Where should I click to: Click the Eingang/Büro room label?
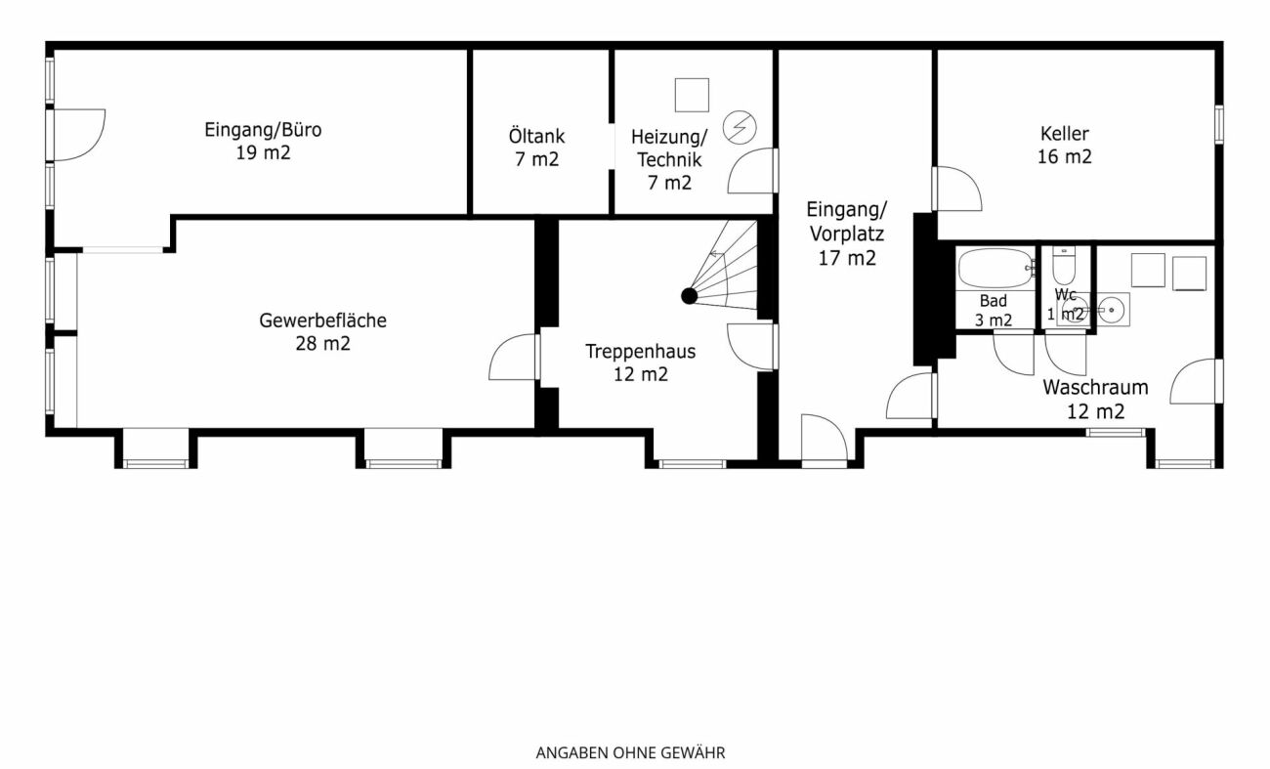click(263, 130)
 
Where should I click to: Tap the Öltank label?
click(536, 137)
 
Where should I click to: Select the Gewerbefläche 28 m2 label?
click(322, 332)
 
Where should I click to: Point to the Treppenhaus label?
click(641, 352)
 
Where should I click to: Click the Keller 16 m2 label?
click(1064, 146)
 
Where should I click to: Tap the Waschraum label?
click(1095, 387)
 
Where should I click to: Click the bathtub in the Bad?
click(996, 268)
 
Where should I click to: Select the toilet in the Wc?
click(1064, 266)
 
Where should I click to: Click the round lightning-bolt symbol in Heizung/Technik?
click(740, 128)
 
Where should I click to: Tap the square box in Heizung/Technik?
click(692, 96)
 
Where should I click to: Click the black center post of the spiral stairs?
click(689, 295)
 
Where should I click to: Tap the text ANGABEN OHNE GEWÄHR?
click(630, 753)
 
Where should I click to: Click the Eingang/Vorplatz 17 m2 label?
click(846, 234)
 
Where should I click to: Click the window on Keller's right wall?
click(1218, 125)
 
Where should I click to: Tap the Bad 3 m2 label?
click(994, 310)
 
